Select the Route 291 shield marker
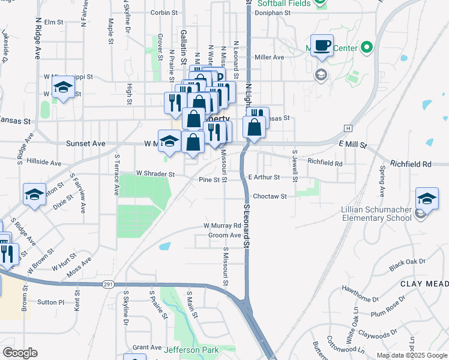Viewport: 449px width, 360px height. point(107,284)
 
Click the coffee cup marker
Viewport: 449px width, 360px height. point(322,46)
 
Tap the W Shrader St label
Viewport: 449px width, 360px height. point(155,174)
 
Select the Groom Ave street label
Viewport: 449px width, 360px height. point(224,236)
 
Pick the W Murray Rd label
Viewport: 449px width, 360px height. point(221,226)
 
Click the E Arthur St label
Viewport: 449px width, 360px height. point(264,178)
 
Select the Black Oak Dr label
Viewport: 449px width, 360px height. point(407,262)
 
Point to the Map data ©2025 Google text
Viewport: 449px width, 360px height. point(411,355)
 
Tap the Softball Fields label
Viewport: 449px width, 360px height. point(284,4)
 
